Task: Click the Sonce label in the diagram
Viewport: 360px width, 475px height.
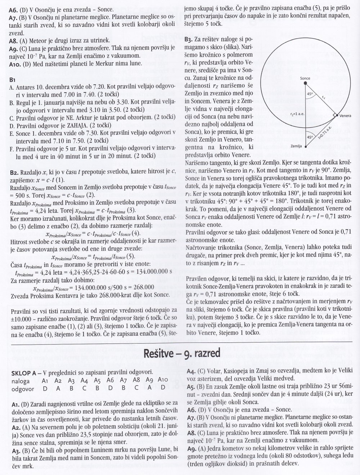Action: (x=305, y=78)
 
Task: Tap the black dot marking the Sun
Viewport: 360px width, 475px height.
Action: (x=306, y=83)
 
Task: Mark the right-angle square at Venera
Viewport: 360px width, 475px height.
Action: (x=334, y=115)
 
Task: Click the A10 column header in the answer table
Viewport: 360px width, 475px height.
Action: (x=163, y=381)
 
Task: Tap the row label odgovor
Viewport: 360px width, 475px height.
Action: (x=23, y=389)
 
